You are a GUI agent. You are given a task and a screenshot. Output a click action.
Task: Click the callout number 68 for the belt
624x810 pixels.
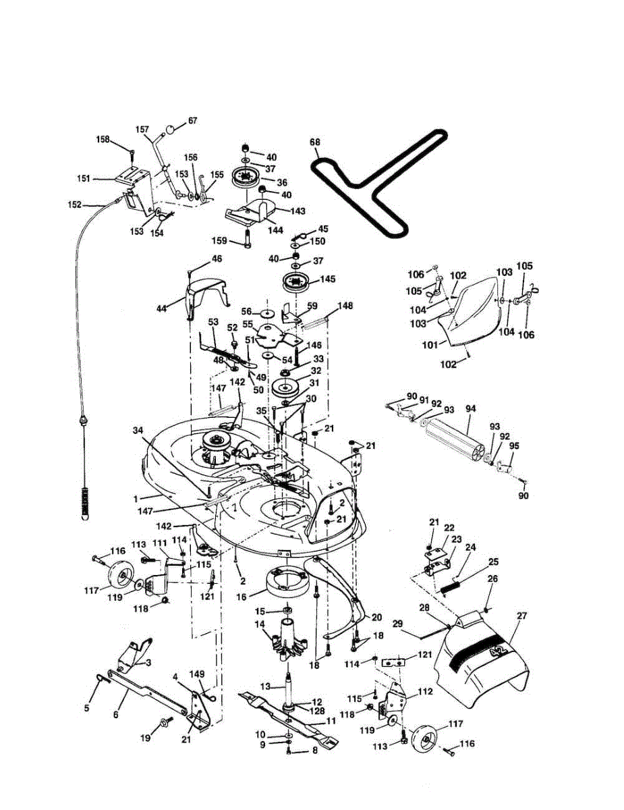click(314, 142)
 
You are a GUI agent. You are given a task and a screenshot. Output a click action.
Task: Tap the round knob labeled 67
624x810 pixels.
click(172, 128)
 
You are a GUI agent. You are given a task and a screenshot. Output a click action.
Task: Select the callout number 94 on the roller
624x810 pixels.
click(470, 409)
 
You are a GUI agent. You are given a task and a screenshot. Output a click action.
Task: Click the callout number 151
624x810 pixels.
click(84, 179)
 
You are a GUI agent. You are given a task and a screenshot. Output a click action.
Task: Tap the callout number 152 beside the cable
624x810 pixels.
click(75, 204)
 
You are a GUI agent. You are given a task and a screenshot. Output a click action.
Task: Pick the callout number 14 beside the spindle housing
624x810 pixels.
click(258, 625)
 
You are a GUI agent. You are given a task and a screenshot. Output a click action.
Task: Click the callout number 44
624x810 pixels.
click(161, 308)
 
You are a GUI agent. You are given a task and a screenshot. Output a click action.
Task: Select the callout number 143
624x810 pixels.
click(297, 211)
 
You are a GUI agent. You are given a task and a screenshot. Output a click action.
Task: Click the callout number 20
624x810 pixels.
click(376, 617)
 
